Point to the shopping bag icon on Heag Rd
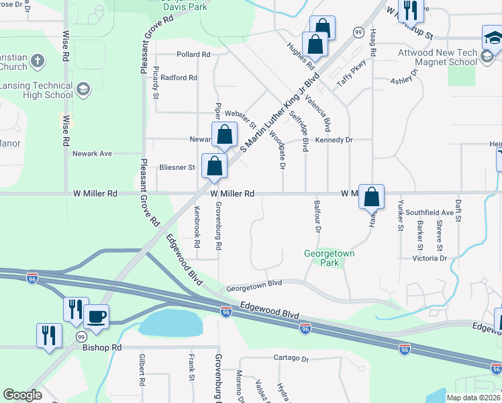[x=371, y=197]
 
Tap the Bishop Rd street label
[x=102, y=348]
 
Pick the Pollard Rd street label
[x=193, y=54]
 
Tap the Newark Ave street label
[x=92, y=154]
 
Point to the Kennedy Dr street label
[x=334, y=140]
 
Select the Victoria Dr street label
[x=429, y=258]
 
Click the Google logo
[x=22, y=395]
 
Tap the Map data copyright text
[x=473, y=398]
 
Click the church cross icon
[x=38, y=61]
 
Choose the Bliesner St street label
[x=177, y=167]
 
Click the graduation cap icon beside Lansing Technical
[x=83, y=90]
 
